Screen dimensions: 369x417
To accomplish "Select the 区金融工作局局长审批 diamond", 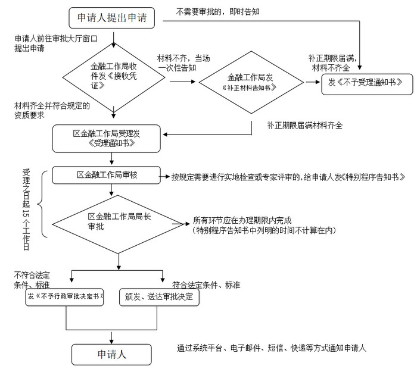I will point(118,222).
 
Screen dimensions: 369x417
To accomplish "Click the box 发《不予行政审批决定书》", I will point(66,296).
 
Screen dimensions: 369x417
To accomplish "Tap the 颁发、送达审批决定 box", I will point(159,296).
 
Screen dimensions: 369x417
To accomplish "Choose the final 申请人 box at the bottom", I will point(112,354).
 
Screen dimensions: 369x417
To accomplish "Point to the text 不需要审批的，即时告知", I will point(217,11).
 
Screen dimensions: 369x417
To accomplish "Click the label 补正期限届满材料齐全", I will point(304,126).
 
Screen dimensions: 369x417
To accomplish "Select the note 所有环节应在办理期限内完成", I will point(241,221).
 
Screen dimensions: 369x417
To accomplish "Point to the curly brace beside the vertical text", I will point(41,205).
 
